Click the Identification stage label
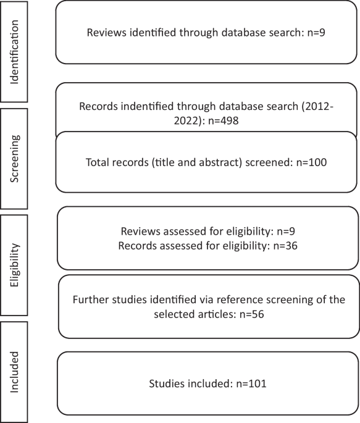tap(14, 52)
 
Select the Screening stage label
tap(14, 159)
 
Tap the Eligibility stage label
tap(14, 265)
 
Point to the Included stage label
tap(14, 372)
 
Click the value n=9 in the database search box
tap(316, 32)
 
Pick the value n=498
tap(224, 120)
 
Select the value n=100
tap(311, 162)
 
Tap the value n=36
tap(285, 246)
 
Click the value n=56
tap(252, 314)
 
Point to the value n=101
tap(251, 383)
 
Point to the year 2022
tap(186, 120)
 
